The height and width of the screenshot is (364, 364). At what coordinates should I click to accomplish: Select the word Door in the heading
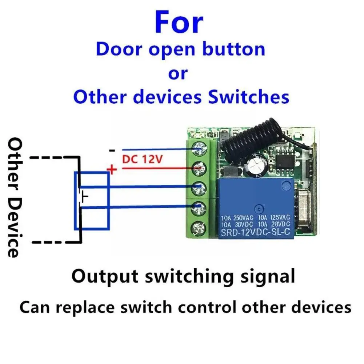coord(117,49)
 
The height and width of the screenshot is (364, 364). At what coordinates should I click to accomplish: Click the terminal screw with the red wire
coord(199,168)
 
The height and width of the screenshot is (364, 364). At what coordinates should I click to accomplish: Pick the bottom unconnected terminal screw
coord(199,227)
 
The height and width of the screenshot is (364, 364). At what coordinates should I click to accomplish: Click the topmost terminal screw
coord(199,148)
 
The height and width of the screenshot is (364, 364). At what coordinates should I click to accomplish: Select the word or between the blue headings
coord(178,73)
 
